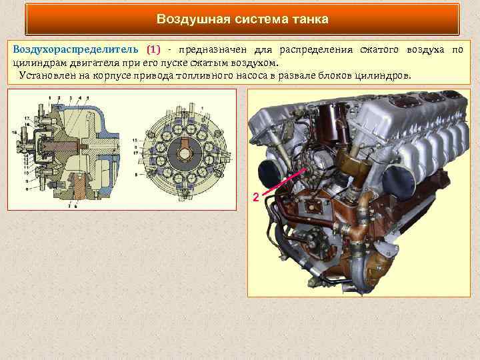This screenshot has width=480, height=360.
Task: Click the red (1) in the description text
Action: click(x=153, y=50)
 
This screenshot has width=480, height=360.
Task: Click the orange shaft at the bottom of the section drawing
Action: click(x=79, y=190)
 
